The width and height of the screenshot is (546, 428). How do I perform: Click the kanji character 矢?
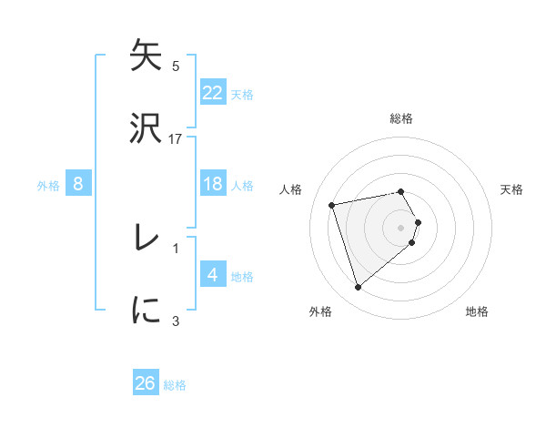pos(146,56)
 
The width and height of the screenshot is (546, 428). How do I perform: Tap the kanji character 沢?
pos(146,127)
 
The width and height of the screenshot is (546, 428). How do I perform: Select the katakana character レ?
pos(146,239)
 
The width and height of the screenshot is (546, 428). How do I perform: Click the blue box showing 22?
pos(212,93)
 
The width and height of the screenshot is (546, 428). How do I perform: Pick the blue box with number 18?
pos(212,184)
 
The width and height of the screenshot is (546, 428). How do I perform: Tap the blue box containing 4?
pos(212,275)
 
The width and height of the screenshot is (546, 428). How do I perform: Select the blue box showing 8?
pos(78,184)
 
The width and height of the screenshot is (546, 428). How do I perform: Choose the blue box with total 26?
pos(146,383)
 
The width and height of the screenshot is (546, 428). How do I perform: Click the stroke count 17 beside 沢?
pos(176,138)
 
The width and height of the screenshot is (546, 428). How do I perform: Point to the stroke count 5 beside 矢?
pos(176,66)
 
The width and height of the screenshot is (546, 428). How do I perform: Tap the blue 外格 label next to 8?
pos(48,185)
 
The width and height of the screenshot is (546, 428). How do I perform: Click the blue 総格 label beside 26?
pos(175,385)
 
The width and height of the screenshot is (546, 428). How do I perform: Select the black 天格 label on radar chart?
pos(511,189)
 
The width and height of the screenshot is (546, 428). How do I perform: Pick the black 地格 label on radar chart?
pos(477,311)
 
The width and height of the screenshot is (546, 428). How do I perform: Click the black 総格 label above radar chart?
pos(401,118)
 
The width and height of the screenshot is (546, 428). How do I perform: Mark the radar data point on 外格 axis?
pos(358,288)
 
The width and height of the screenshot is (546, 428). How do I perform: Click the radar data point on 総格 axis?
pos(401,191)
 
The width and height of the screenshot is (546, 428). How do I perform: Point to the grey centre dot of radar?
pos(401,227)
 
